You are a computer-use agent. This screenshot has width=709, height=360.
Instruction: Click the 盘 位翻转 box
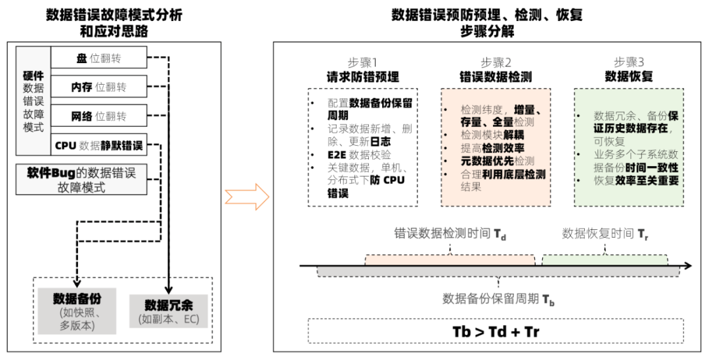click(98, 58)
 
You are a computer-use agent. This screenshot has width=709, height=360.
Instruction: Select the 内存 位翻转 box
click(98, 87)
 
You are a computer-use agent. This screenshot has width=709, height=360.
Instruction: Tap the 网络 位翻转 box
click(98, 116)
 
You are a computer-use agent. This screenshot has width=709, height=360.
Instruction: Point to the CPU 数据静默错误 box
click(98, 145)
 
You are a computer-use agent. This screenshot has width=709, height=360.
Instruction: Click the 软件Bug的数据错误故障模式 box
click(82, 179)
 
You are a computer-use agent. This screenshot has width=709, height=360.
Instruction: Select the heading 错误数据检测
click(496, 77)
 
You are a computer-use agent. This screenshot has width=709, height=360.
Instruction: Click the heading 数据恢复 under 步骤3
click(628, 77)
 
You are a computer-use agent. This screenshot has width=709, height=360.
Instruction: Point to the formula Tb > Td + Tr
click(496, 331)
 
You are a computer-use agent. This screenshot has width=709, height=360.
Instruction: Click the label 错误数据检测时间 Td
click(450, 234)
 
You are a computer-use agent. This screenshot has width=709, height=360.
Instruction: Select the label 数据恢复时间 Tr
click(603, 234)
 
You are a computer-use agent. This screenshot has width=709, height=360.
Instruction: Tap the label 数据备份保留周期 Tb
click(499, 299)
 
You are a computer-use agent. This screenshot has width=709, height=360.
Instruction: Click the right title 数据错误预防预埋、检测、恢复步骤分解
click(486, 22)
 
